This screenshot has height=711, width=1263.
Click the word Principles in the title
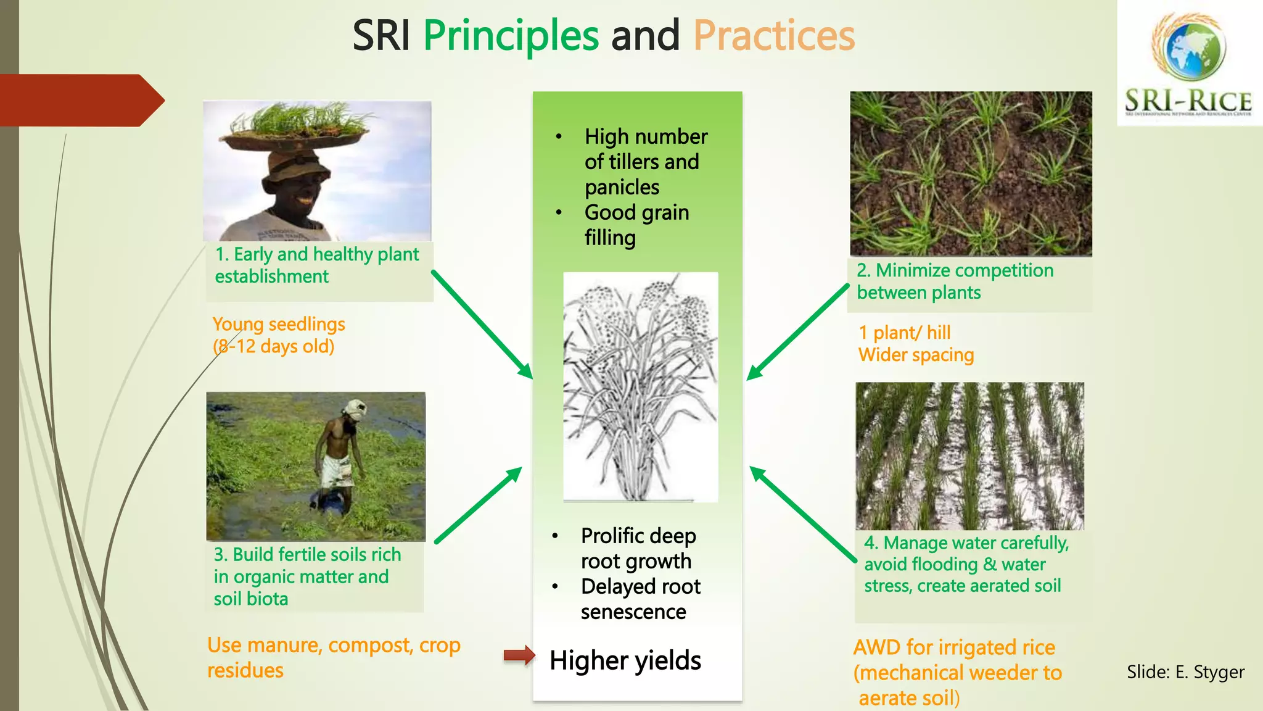point(511,36)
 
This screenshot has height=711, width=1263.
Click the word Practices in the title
point(774,36)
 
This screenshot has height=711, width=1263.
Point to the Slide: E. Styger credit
point(1185,671)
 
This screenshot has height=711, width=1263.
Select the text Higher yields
point(625,660)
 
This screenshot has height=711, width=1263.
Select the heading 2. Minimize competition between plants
point(955,281)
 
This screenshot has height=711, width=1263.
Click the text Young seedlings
point(278,324)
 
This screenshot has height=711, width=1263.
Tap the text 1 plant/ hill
point(904,333)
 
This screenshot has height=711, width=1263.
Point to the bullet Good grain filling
point(636,225)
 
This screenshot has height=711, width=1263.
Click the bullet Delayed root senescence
point(640,599)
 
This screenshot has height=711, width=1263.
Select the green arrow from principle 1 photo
point(481,324)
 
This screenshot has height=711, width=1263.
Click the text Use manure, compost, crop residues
point(333,657)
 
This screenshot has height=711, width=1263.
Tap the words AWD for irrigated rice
point(953,647)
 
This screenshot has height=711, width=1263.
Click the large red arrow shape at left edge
point(80,101)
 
